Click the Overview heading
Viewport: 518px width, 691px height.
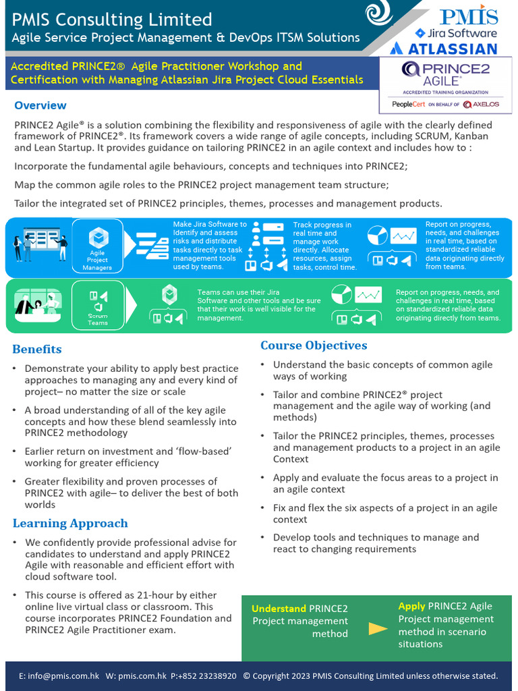click(x=40, y=105)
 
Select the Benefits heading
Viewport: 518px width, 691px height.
click(x=36, y=349)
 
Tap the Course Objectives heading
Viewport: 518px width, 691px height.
click(x=314, y=345)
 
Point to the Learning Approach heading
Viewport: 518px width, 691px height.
click(x=70, y=524)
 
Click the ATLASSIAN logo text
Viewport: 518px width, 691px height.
click(x=444, y=49)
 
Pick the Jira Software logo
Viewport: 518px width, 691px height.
click(x=455, y=32)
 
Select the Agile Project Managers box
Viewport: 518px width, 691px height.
click(x=98, y=247)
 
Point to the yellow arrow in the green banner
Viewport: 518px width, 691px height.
click(x=378, y=629)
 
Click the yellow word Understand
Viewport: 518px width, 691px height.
click(x=279, y=609)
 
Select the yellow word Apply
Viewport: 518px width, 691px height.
click(x=411, y=606)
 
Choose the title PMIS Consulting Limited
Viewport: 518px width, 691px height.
click(x=111, y=20)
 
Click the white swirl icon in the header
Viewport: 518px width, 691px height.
click(x=380, y=15)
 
